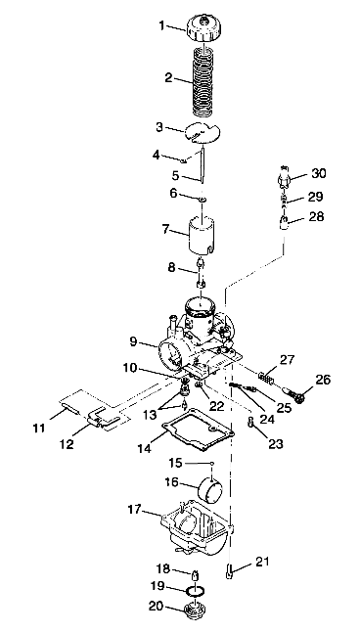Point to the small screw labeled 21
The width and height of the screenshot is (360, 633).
(x=231, y=569)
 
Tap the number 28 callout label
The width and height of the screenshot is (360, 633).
(x=316, y=216)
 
